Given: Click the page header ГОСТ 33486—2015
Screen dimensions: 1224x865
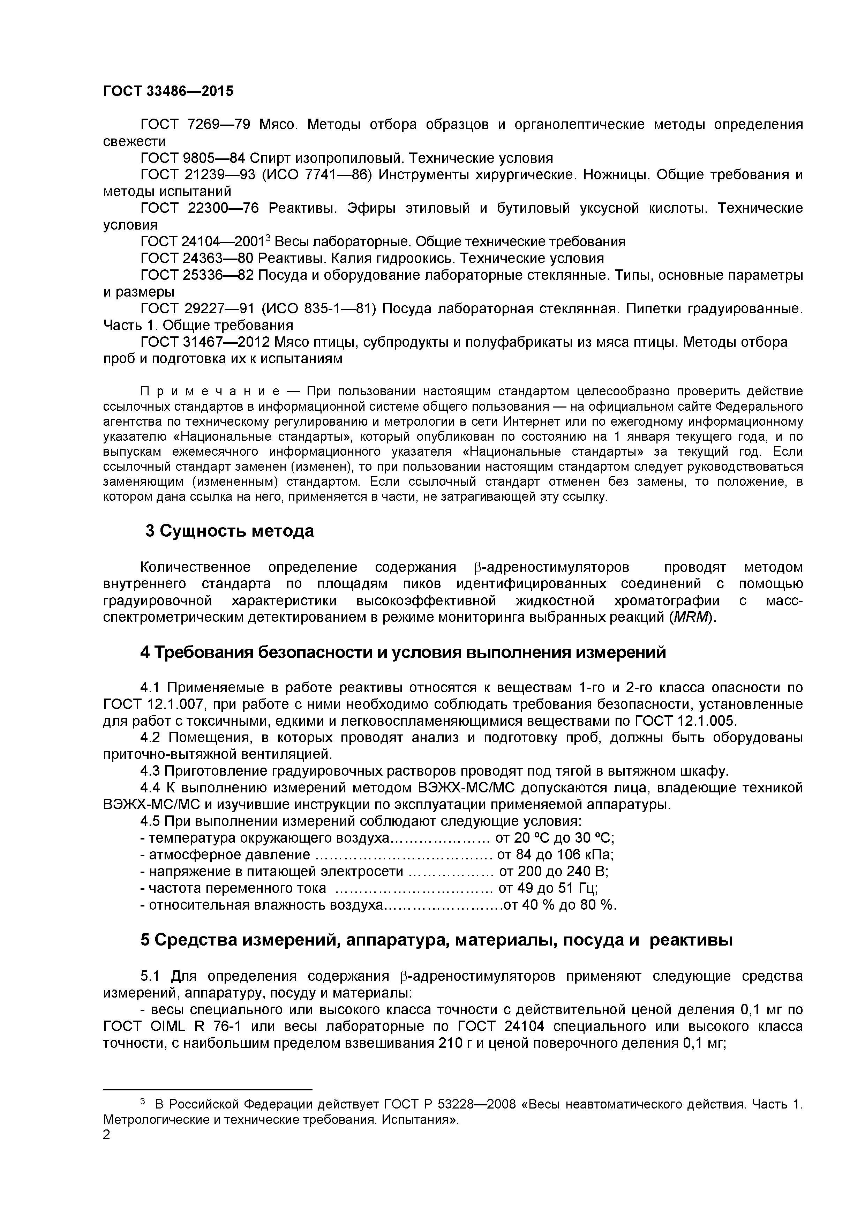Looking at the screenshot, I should point(168,91).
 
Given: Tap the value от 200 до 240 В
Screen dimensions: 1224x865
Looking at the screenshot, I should point(553,871).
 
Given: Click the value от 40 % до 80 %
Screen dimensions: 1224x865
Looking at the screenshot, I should point(559,905).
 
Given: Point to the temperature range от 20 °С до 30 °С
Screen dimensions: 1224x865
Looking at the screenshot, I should point(554,838).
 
